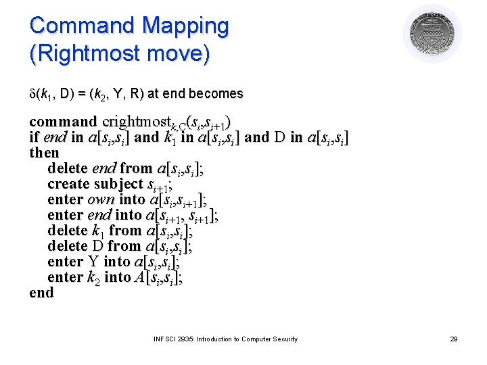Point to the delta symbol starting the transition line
tap(32, 93)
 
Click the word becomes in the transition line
tap(218, 93)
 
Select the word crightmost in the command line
tap(133, 122)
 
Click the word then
tap(44, 153)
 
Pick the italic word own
tap(101, 199)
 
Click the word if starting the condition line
tap(34, 138)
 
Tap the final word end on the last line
tap(41, 293)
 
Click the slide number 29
tap(454, 339)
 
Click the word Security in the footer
tap(283, 339)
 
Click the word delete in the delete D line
tap(68, 246)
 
